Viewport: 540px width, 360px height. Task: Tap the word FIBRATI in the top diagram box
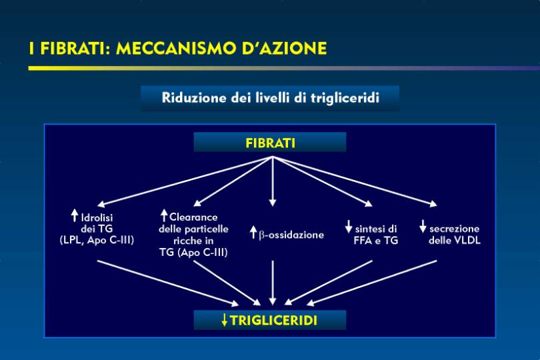click(x=271, y=143)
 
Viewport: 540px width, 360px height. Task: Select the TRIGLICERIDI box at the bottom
click(x=270, y=320)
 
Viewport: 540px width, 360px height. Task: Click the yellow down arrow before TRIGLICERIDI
click(x=225, y=320)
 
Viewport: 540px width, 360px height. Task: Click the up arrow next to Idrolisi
click(x=75, y=215)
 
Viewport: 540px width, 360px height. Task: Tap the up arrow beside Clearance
click(x=164, y=215)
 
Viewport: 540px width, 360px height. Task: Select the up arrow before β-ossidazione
click(x=253, y=233)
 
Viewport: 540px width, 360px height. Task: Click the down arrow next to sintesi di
click(x=349, y=227)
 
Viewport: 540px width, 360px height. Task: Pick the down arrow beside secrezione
click(x=423, y=227)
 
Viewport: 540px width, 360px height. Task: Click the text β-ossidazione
click(x=291, y=235)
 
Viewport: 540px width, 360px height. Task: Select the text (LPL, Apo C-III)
click(x=97, y=240)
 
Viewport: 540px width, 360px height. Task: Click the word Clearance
click(x=193, y=217)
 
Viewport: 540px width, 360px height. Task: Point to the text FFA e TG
click(x=376, y=241)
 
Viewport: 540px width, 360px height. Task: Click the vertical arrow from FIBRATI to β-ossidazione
click(x=273, y=181)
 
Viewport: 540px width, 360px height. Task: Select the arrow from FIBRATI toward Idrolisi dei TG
click(x=185, y=181)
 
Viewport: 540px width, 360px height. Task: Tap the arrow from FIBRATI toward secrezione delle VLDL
click(x=355, y=181)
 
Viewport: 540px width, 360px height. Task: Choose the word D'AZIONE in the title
click(x=284, y=48)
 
